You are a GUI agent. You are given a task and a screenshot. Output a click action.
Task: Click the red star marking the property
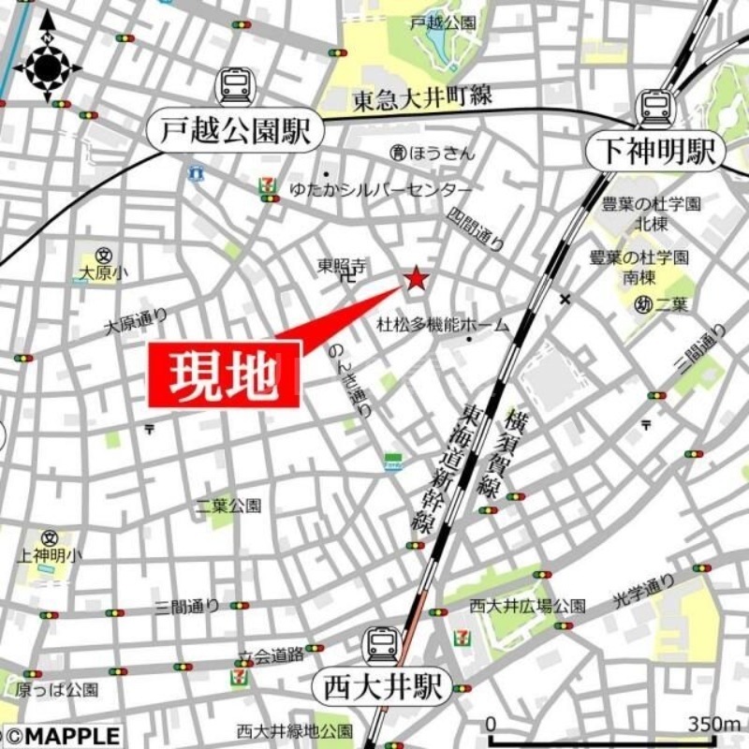tap(416, 279)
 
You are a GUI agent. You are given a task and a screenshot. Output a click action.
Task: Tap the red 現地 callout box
tap(225, 374)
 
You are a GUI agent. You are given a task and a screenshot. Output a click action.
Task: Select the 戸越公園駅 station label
tap(235, 132)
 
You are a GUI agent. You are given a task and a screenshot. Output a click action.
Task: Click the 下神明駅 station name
tap(656, 151)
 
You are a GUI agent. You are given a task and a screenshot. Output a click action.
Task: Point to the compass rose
tap(48, 66)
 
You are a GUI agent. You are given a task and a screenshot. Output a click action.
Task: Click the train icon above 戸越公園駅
tap(235, 87)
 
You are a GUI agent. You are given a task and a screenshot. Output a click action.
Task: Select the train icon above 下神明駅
tap(656, 108)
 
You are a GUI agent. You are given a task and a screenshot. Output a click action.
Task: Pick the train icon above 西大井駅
tap(382, 645)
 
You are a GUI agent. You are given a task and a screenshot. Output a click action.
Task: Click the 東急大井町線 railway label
tap(422, 95)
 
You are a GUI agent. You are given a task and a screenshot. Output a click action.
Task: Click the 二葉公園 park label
tap(228, 506)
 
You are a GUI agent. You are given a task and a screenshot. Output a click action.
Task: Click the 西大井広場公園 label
tap(527, 606)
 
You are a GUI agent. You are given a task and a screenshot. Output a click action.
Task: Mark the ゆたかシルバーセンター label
tap(355, 186)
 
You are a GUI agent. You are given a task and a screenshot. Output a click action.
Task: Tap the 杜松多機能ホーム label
tap(443, 326)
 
